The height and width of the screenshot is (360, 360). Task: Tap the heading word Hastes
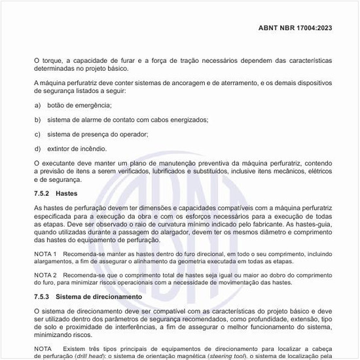click(67, 194)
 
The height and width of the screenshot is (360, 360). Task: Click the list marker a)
click(37, 105)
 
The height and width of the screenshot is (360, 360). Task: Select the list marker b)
click(37, 120)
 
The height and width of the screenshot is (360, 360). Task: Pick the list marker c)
click(37, 134)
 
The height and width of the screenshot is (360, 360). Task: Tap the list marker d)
click(37, 149)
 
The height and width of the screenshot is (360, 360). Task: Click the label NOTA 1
click(46, 253)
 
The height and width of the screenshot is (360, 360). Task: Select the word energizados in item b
click(187, 120)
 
